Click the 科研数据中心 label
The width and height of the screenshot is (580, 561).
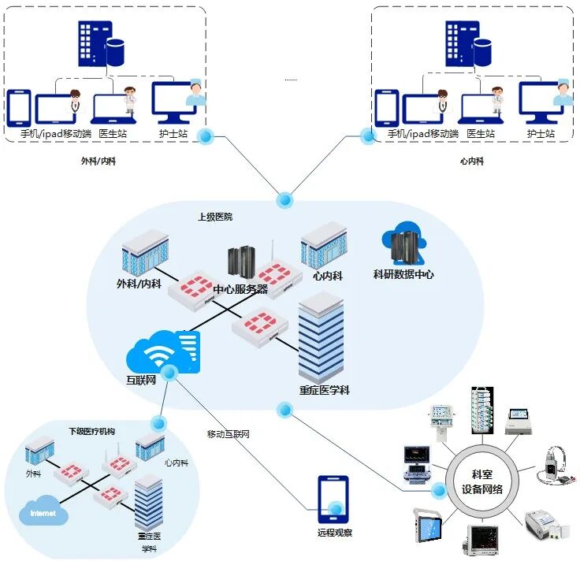pos(403,274)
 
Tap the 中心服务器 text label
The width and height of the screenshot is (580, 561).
pos(241,289)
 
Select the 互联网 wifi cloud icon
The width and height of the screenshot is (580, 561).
pos(163,352)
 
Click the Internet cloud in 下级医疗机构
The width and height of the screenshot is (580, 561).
pos(43,511)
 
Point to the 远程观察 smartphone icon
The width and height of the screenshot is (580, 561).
pos(333,500)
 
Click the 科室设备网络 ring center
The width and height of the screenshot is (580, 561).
pos(481,481)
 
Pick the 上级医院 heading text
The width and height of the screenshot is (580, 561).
pos(215,217)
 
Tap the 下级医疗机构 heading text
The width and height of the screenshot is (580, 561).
pos(91,431)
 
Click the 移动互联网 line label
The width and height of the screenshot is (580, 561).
pos(229,434)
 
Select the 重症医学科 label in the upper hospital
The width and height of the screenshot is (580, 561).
pos(325,390)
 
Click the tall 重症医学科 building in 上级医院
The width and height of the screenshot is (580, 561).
pos(321,337)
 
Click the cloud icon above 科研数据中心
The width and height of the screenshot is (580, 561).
pos(404,243)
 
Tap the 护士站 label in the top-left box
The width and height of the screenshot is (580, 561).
pos(173,133)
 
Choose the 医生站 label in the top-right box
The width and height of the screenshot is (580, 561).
pos(481,133)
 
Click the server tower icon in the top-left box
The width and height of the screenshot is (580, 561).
pos(101,43)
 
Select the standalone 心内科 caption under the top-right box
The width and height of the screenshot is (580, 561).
pos(472,161)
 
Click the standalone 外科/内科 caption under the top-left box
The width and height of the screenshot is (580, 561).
pos(99,161)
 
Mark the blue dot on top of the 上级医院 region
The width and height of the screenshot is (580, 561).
pos(284,200)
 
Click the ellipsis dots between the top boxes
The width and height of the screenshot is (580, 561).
pos(291,80)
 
